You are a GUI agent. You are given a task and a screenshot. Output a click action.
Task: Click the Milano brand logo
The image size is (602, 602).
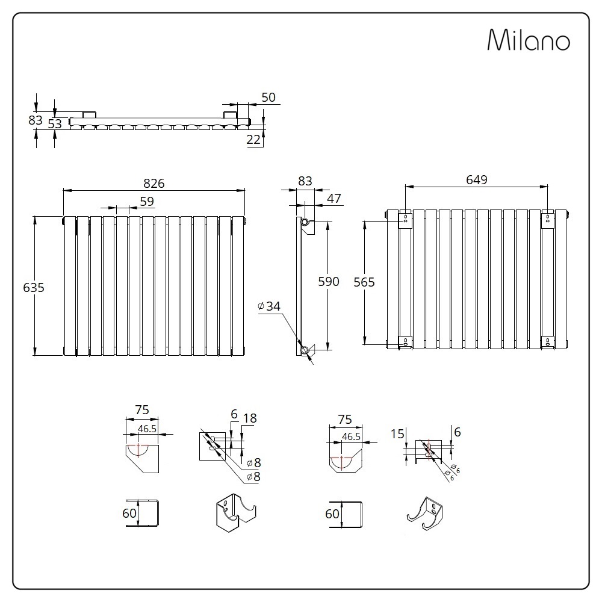click(529, 40)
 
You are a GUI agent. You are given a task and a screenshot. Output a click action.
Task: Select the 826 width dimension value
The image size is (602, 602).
click(154, 184)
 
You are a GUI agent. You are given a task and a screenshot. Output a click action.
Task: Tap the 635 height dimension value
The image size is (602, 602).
click(34, 288)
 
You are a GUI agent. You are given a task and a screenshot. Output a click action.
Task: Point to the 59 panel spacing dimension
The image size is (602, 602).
click(147, 202)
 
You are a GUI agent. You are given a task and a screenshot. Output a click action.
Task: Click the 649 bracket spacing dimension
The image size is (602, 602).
click(476, 179)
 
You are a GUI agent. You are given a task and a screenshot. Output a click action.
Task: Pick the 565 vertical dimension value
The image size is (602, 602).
click(364, 282)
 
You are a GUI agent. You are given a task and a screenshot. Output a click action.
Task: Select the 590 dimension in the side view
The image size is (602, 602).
click(329, 281)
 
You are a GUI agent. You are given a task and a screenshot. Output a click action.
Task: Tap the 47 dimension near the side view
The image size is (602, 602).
click(334, 199)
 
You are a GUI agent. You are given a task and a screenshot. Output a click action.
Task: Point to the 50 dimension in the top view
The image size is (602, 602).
click(268, 98)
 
